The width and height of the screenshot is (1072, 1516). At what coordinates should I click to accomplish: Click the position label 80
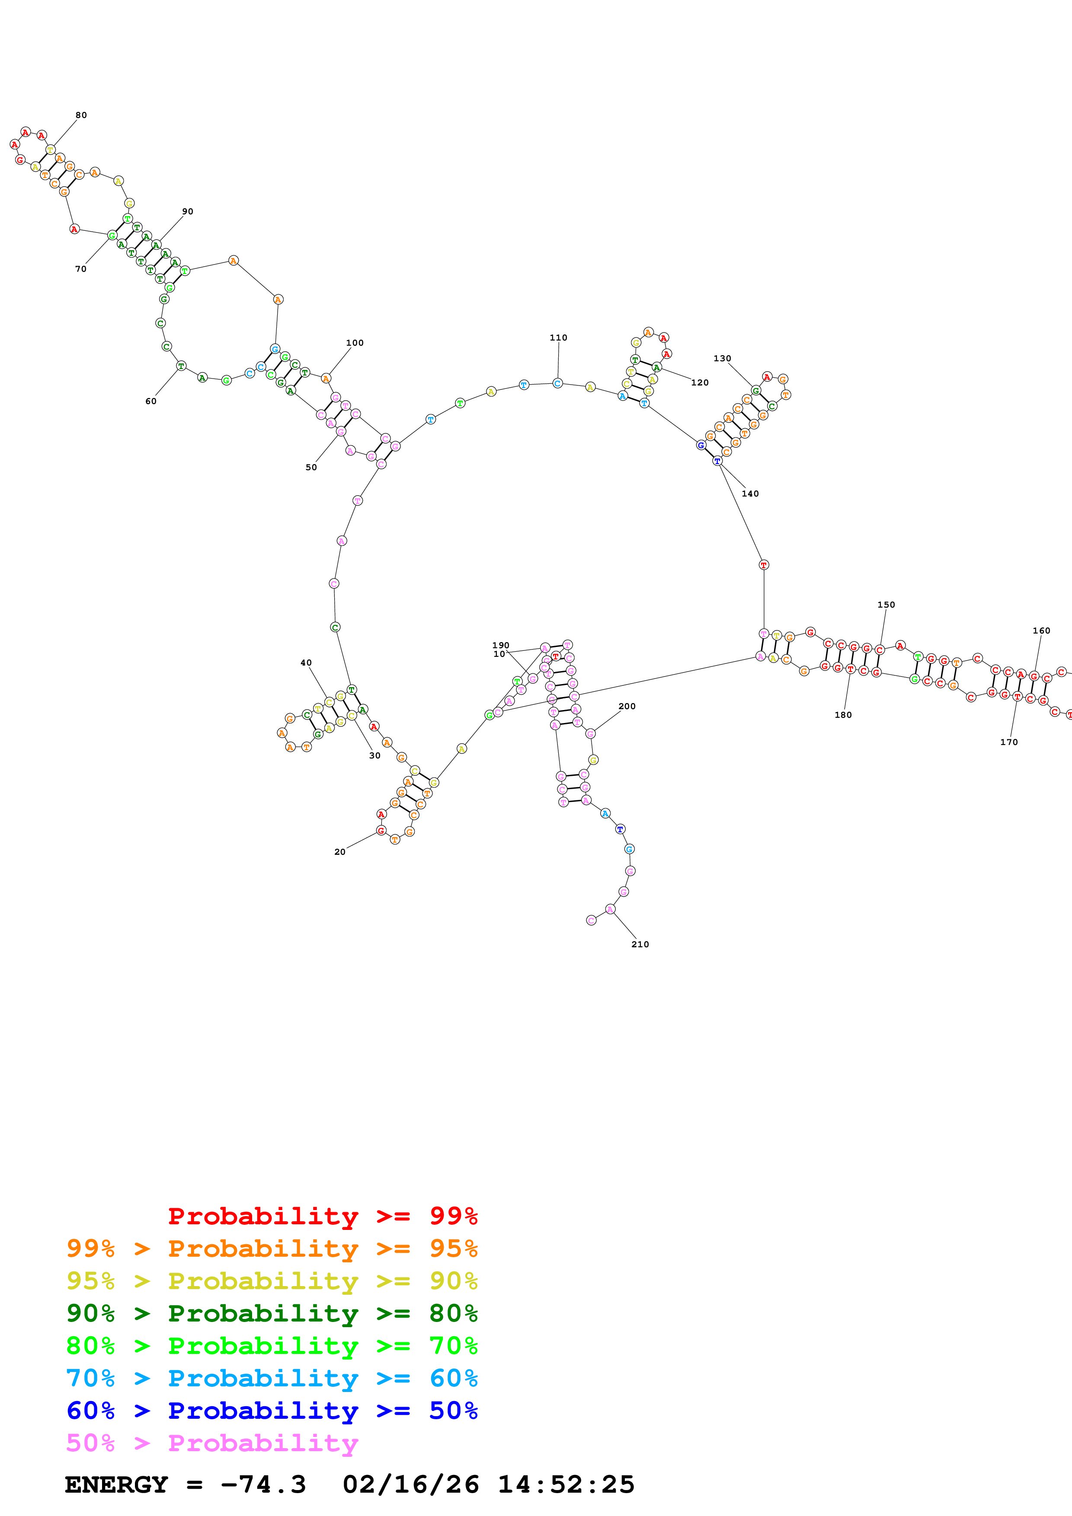click(x=80, y=115)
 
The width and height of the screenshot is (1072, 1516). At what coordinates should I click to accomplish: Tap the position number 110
click(x=558, y=338)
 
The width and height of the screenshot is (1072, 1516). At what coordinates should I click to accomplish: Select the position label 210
click(x=640, y=944)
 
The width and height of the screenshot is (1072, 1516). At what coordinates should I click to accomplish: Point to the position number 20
click(x=339, y=852)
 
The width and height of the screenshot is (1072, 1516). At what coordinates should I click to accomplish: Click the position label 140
click(x=750, y=493)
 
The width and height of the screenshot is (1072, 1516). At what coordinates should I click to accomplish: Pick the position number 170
click(x=1008, y=742)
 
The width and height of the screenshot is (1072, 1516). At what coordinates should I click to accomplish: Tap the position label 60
click(x=150, y=401)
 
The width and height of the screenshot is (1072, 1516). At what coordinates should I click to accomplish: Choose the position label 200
click(x=627, y=706)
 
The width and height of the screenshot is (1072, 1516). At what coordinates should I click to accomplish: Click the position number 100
click(x=355, y=343)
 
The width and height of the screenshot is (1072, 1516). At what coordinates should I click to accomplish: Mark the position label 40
click(x=306, y=662)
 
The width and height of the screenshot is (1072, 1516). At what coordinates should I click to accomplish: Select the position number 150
click(x=886, y=604)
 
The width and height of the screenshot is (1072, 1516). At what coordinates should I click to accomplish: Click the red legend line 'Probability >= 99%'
click(x=322, y=1216)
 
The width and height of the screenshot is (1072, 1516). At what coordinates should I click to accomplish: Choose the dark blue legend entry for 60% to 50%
click(x=272, y=1411)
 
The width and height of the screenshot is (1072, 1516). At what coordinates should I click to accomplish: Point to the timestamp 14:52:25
click(x=566, y=1484)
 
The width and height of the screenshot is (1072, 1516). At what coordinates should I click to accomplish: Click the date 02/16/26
click(x=410, y=1484)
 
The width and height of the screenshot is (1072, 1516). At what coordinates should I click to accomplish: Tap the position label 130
click(x=722, y=358)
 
